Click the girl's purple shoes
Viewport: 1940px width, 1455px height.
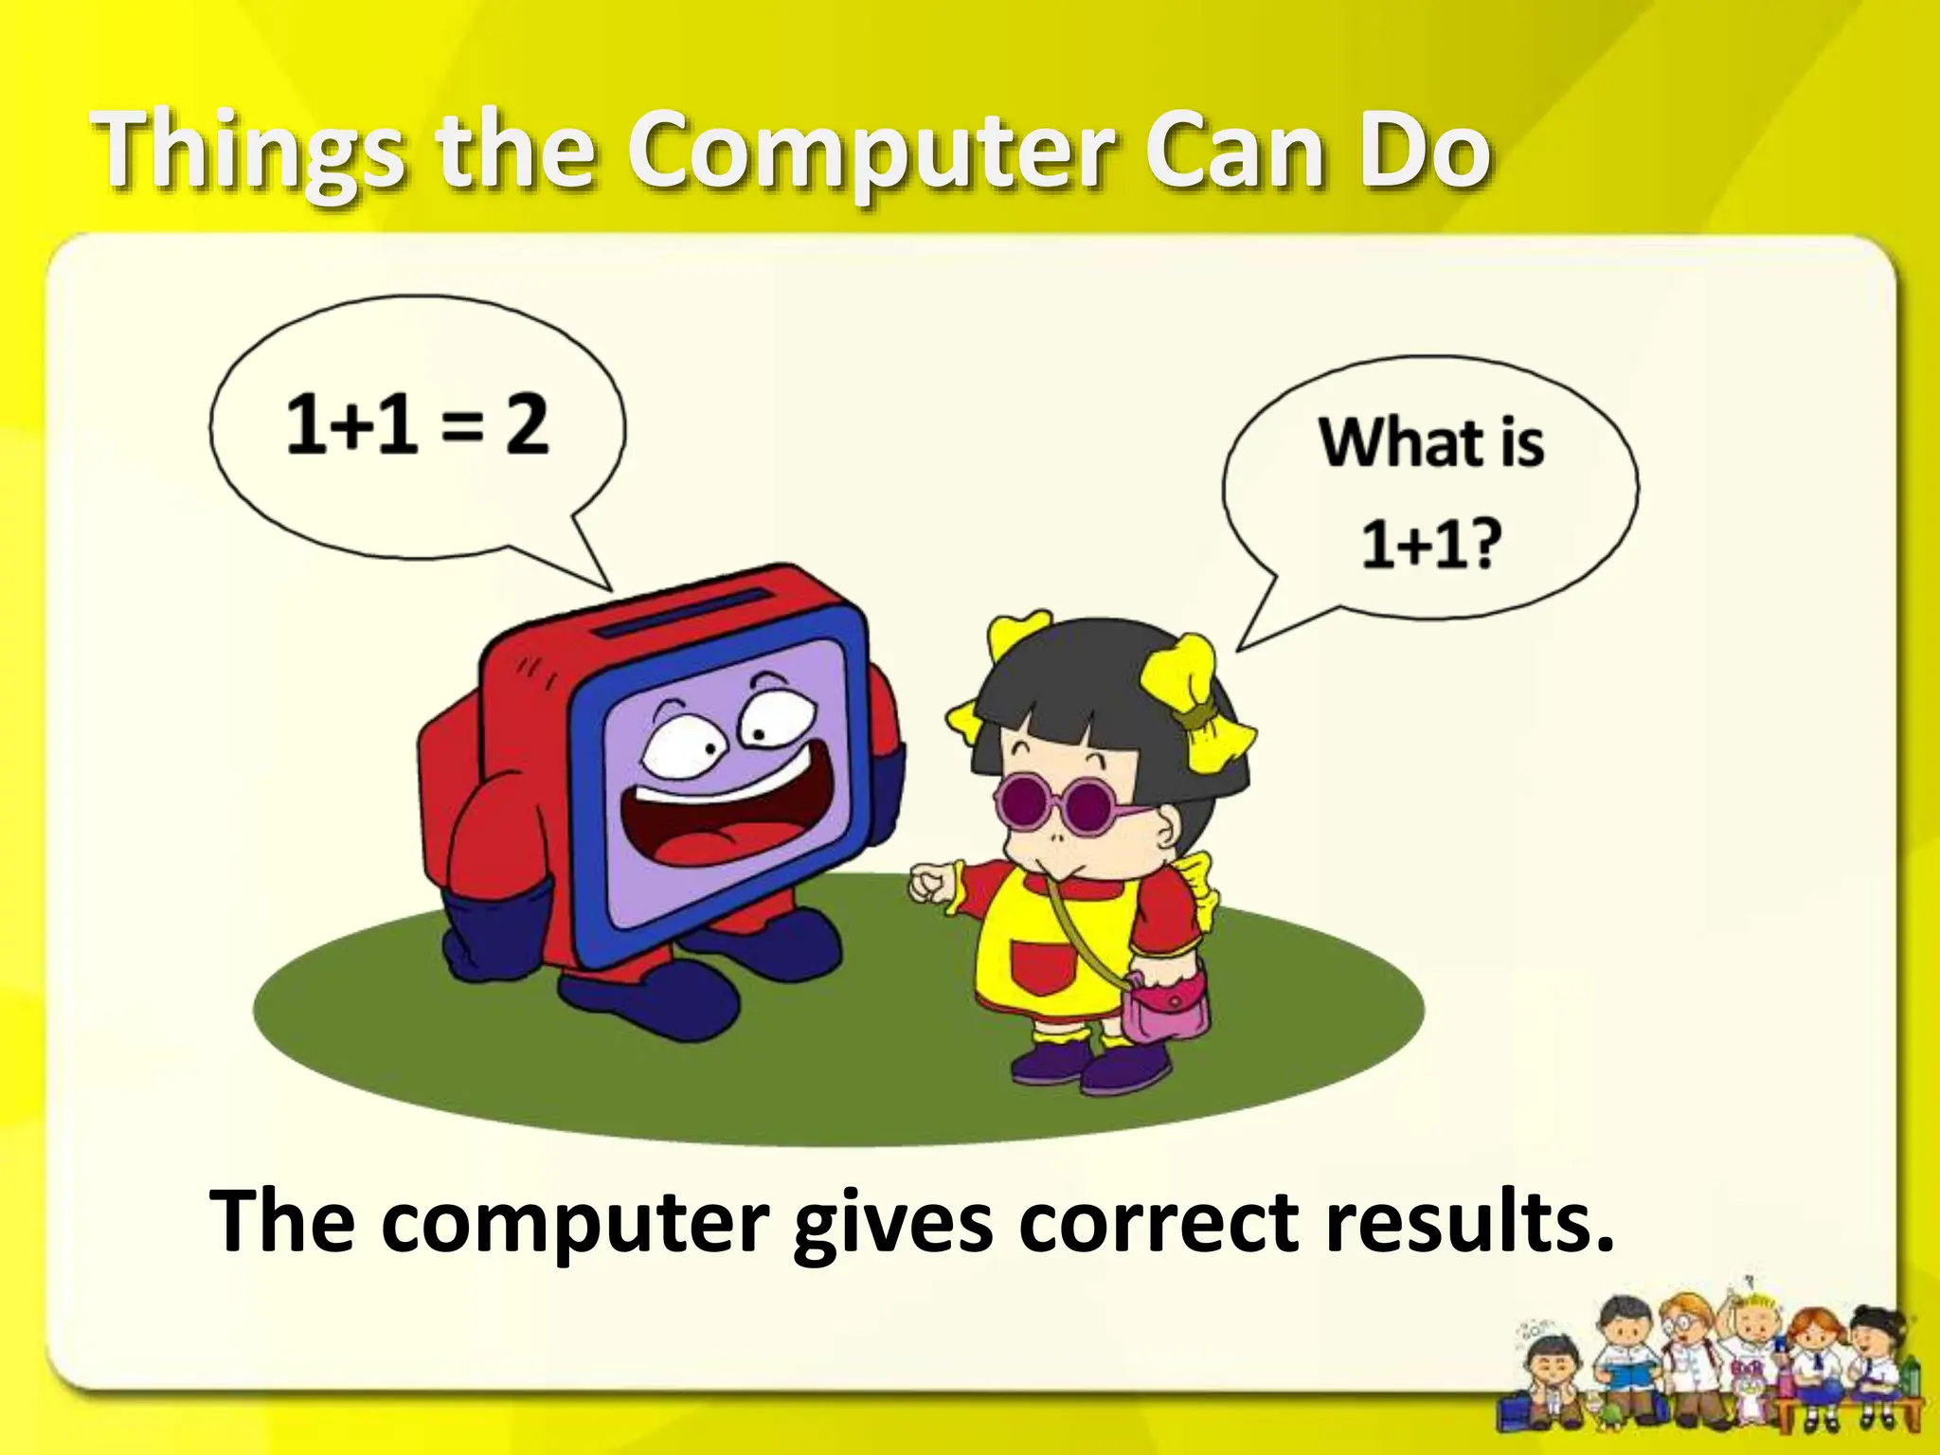[x=1089, y=1066]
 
